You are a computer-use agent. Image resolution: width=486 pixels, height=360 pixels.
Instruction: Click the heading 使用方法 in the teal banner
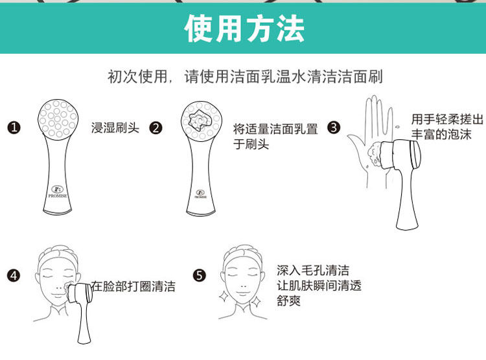click(x=244, y=28)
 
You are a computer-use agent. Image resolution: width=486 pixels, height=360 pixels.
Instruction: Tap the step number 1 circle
click(x=14, y=128)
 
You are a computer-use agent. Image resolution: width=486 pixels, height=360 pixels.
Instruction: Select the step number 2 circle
click(x=156, y=128)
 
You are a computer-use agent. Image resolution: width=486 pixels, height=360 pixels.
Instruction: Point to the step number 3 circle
click(x=334, y=128)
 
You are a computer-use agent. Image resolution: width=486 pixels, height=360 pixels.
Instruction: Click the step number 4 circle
click(x=14, y=275)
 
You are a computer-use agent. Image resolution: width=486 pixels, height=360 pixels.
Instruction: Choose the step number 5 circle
click(x=199, y=275)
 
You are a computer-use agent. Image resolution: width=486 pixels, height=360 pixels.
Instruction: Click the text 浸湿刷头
click(x=115, y=128)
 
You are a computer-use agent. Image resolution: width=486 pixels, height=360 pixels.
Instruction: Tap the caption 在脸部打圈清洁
click(x=133, y=286)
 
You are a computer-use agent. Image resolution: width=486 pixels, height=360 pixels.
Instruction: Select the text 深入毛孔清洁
click(x=313, y=271)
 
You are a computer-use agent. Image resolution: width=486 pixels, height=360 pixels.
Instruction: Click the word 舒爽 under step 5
click(x=288, y=300)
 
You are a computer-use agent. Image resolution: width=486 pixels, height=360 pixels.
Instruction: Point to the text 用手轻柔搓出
click(x=447, y=119)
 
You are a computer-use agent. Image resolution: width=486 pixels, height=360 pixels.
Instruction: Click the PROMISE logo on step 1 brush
click(x=57, y=192)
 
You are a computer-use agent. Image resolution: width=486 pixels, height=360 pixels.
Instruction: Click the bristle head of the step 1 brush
click(x=58, y=118)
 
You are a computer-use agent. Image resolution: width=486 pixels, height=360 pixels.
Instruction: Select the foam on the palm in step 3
click(x=375, y=154)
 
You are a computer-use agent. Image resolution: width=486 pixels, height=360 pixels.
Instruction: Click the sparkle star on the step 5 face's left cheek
click(x=224, y=296)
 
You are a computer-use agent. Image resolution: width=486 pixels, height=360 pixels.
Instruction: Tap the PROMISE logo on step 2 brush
click(x=200, y=194)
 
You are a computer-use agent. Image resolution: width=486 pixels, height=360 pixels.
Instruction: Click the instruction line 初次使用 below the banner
click(x=245, y=76)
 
